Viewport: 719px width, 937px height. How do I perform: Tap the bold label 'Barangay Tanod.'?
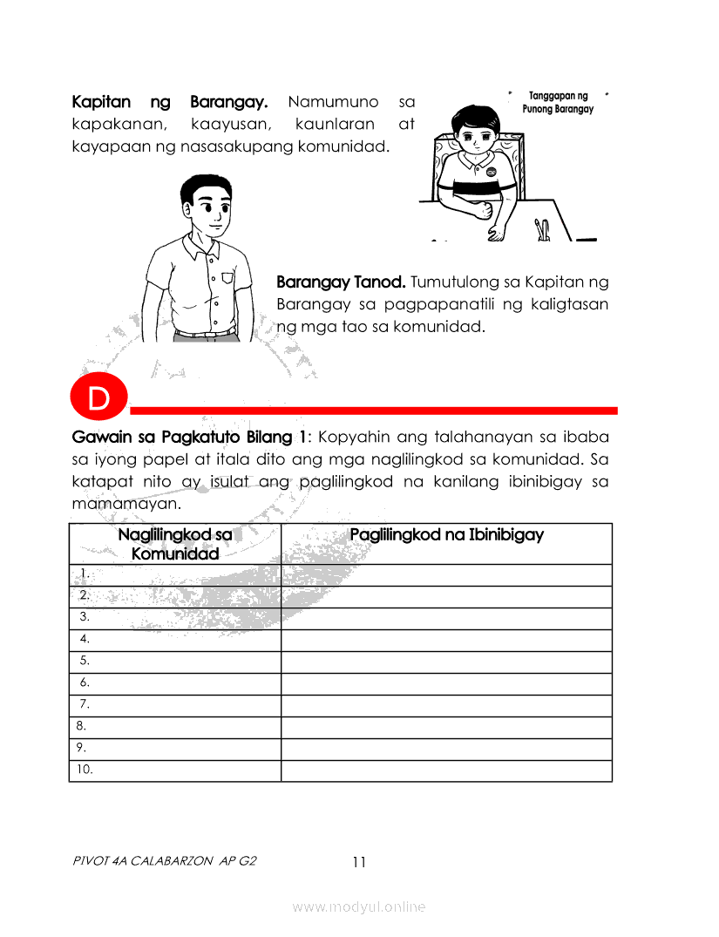point(341,283)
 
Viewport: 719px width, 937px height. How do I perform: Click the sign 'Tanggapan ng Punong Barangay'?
point(558,102)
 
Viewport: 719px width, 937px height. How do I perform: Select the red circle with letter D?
point(99,399)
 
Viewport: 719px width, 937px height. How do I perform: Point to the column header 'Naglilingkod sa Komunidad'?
point(175,543)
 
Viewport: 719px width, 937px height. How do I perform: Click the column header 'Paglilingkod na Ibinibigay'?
point(446,534)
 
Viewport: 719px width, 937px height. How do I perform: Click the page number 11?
point(359,862)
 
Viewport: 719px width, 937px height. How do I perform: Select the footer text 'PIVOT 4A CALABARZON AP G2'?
point(165,862)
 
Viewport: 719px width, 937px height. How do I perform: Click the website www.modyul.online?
point(359,907)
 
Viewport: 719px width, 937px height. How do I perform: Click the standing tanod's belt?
point(205,333)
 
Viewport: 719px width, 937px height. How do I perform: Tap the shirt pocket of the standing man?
point(228,280)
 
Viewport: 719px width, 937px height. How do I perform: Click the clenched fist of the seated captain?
point(480,210)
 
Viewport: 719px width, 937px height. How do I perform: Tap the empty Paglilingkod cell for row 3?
point(446,618)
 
